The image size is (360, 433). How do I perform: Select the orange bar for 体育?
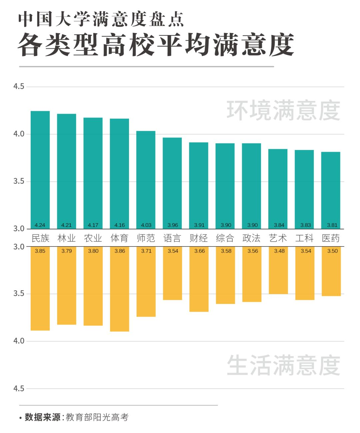click(119, 290)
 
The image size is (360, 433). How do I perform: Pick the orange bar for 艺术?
click(278, 272)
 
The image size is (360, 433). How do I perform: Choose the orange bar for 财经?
click(199, 280)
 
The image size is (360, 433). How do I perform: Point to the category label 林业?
click(67, 238)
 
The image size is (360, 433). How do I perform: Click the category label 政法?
click(251, 238)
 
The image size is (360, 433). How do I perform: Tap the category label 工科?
click(304, 238)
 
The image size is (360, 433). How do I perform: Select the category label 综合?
click(225, 238)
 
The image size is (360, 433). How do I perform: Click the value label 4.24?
click(40, 225)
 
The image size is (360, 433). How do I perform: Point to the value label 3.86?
click(120, 251)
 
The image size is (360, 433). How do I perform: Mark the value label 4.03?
click(146, 225)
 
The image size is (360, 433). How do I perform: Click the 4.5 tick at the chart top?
click(19, 86)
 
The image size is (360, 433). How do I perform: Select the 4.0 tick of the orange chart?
click(19, 341)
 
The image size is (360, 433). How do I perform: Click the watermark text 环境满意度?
click(283, 110)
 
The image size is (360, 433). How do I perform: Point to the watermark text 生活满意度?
click(283, 365)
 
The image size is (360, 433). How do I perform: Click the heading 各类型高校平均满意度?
click(156, 45)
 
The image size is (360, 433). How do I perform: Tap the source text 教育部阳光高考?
click(97, 417)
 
